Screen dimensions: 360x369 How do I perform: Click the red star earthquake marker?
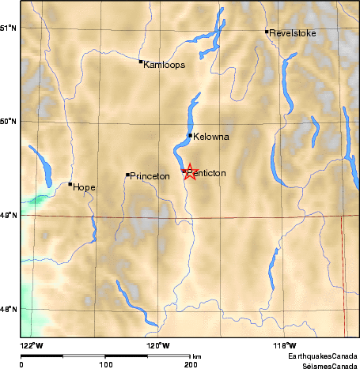[189, 171]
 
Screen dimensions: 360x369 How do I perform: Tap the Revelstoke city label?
[293, 33]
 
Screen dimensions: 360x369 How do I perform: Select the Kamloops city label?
[165, 65]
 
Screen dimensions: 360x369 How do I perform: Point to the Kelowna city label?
[211, 137]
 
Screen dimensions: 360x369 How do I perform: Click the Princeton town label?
[150, 176]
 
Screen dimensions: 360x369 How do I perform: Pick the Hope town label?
[84, 187]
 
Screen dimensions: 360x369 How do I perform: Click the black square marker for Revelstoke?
[267, 32]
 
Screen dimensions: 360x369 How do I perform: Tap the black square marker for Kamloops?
[141, 62]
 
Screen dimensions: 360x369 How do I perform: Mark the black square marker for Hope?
[70, 184]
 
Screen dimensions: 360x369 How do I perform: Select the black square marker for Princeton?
[127, 175]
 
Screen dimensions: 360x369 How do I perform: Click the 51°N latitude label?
[9, 28]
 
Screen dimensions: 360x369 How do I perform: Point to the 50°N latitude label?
[9, 122]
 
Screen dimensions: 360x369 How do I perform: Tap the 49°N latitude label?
[9, 215]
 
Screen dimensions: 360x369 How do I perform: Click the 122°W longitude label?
[32, 345]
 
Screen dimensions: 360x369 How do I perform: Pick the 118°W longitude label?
[284, 345]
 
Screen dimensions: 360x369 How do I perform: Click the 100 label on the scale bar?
[105, 363]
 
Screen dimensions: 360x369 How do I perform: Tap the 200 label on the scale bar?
[190, 363]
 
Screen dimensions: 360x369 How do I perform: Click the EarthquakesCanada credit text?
[328, 357]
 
